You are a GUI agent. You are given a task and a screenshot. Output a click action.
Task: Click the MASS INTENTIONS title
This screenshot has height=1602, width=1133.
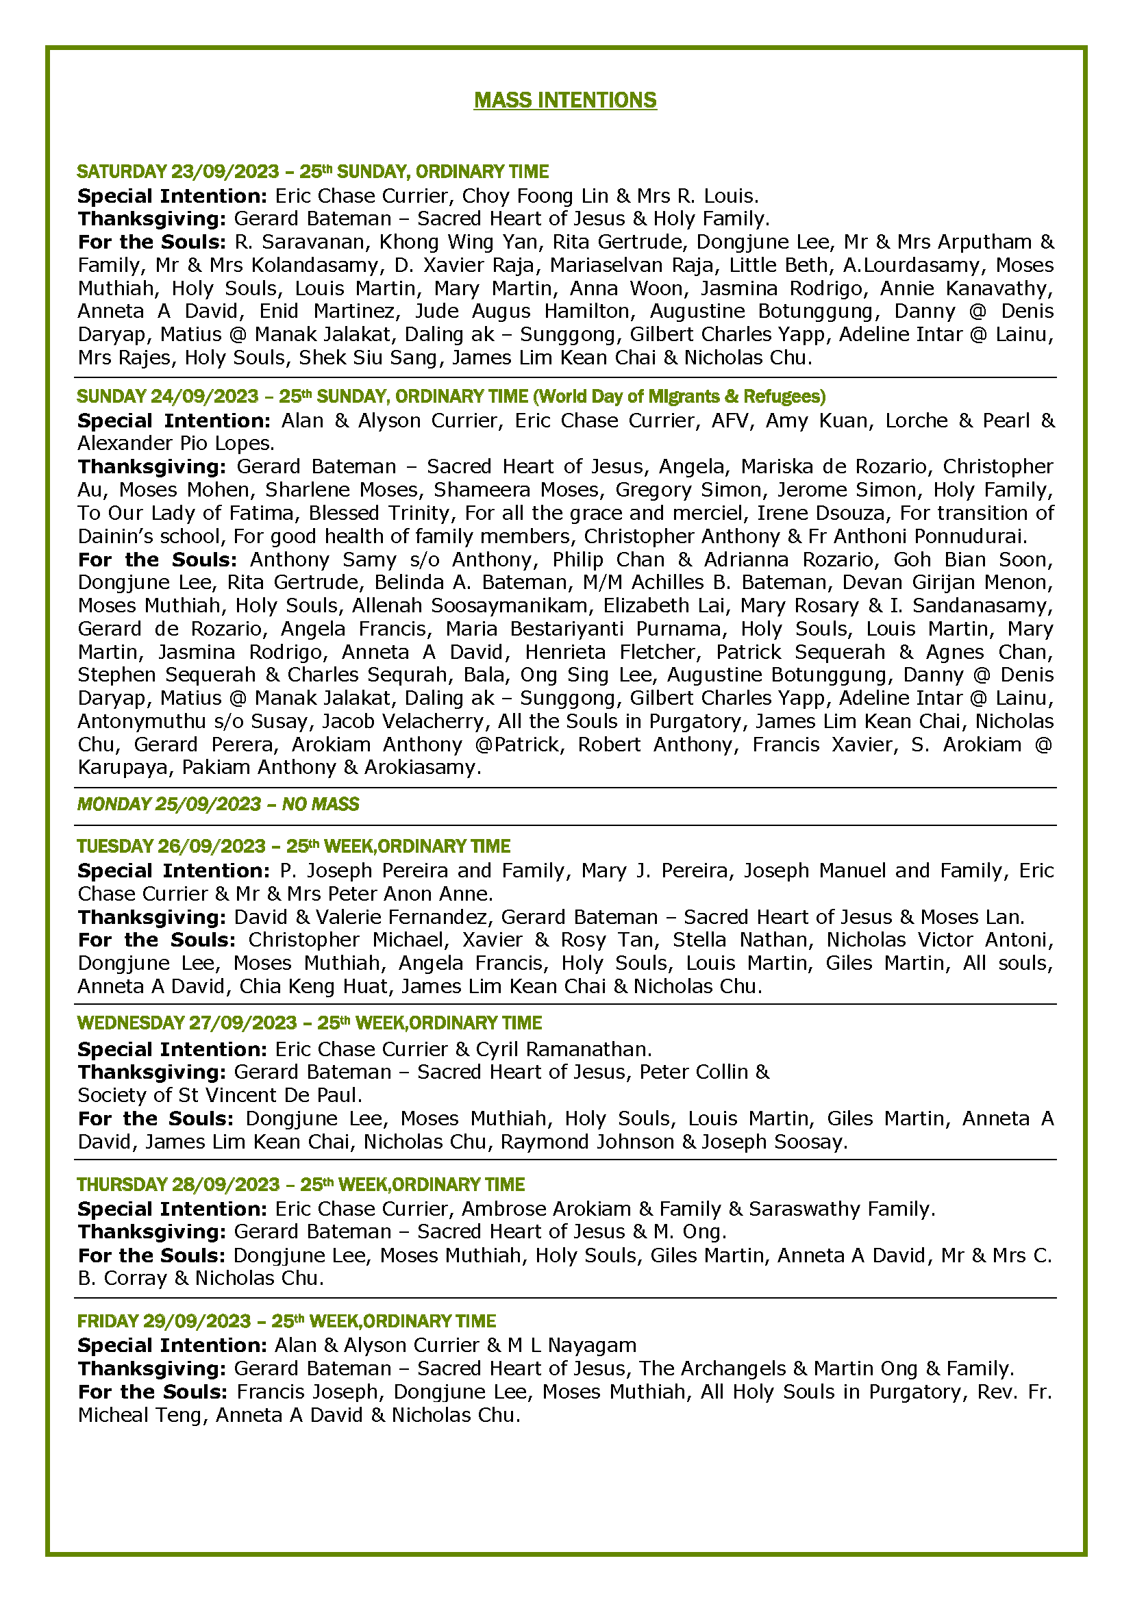[x=565, y=101]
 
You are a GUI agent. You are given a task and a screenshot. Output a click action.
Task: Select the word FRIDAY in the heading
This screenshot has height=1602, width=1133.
[x=108, y=1321]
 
